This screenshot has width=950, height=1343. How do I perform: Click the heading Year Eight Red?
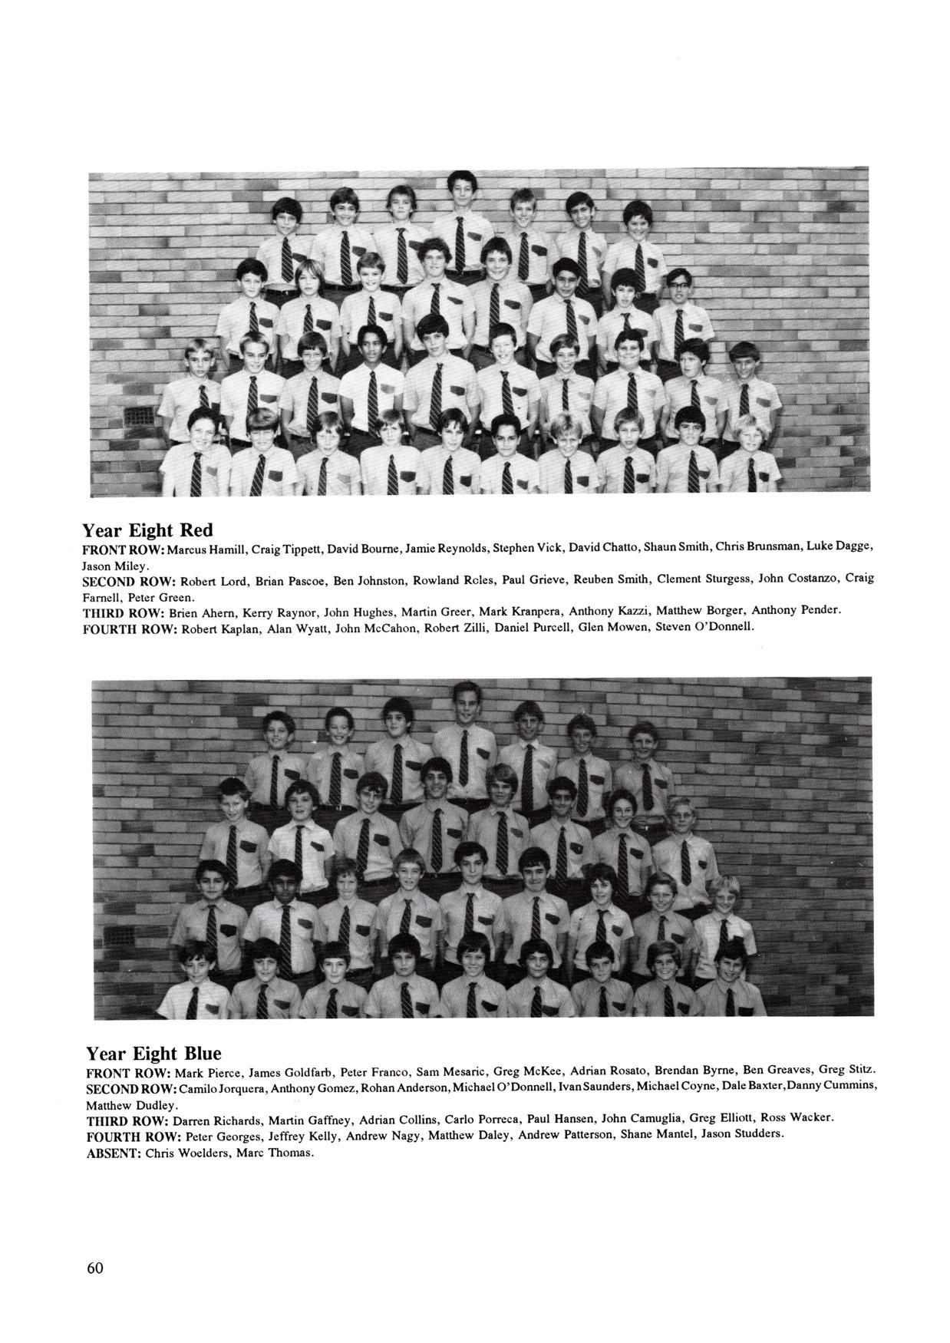[x=147, y=530]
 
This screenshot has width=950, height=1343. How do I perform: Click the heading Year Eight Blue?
[x=153, y=1053]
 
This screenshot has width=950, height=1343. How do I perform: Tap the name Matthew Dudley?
[x=131, y=1106]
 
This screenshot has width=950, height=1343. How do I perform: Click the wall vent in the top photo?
[x=140, y=415]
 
